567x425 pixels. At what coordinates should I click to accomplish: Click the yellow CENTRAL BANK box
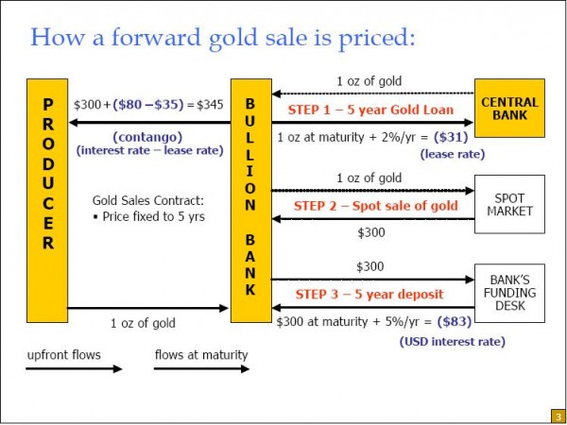509,108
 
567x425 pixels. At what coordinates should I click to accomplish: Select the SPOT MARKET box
509,204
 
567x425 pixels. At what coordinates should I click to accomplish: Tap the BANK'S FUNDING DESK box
509,293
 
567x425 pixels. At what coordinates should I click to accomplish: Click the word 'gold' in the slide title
231,38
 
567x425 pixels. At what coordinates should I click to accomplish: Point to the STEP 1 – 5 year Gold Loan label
370,110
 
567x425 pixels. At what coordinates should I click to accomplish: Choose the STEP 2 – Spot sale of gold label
376,206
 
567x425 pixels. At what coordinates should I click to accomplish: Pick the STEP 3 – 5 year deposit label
369,294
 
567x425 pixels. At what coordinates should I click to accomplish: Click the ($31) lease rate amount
451,137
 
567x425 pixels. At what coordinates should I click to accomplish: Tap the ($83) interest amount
455,321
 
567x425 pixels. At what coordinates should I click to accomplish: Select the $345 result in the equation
211,105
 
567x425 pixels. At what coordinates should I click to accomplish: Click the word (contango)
147,137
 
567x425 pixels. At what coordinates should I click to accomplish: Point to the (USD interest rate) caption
452,342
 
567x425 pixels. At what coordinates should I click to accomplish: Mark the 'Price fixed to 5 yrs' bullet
148,216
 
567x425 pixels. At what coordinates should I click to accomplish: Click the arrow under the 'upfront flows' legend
74,368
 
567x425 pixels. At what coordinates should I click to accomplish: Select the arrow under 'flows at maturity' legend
202,368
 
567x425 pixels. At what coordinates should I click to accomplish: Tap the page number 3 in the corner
558,416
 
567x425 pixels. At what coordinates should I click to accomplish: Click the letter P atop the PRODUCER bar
47,105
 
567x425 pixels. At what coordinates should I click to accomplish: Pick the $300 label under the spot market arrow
371,233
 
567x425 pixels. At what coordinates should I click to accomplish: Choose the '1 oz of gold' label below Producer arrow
144,323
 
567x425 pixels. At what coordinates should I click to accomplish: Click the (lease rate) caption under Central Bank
452,154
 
